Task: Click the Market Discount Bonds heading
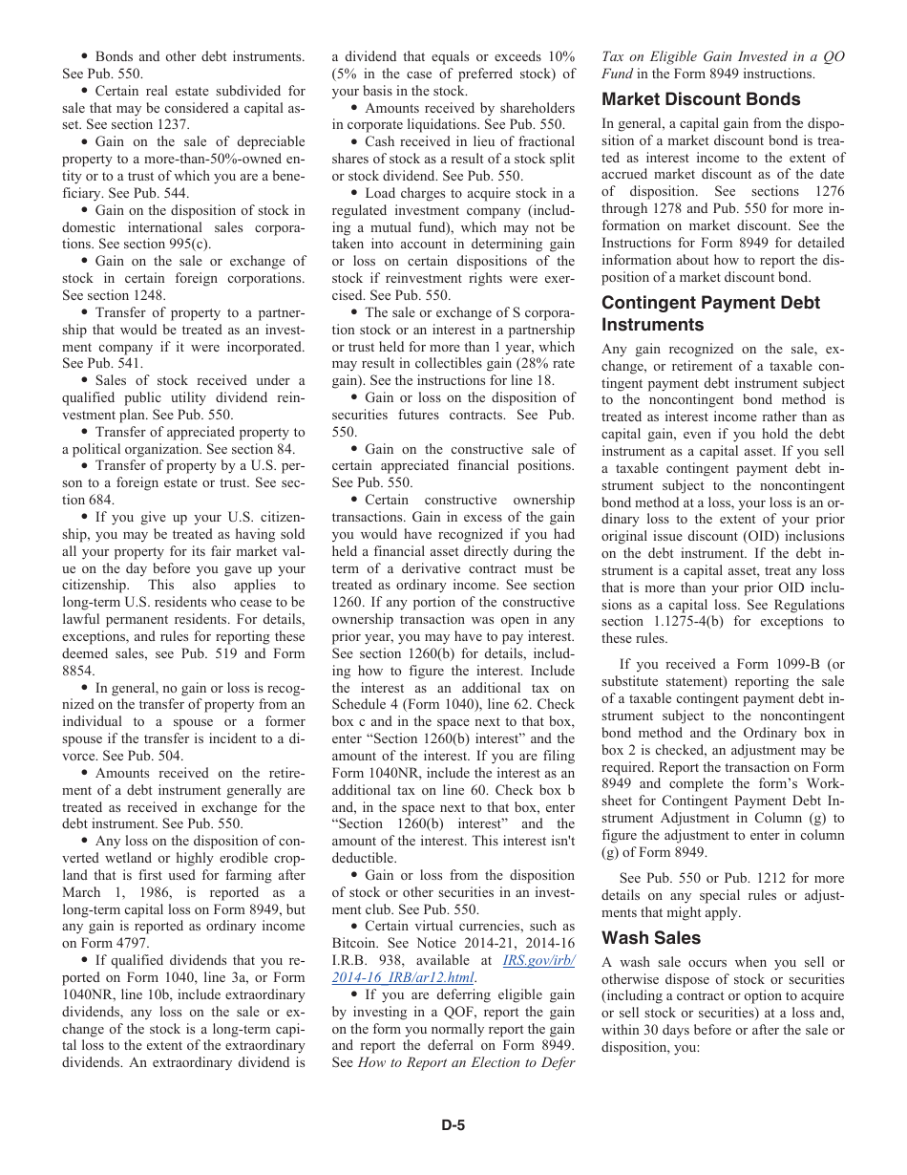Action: tap(701, 99)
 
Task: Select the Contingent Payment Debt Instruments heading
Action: tap(710, 313)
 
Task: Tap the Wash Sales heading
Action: tap(651, 938)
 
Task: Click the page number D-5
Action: tap(453, 1125)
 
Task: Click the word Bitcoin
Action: tap(354, 944)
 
